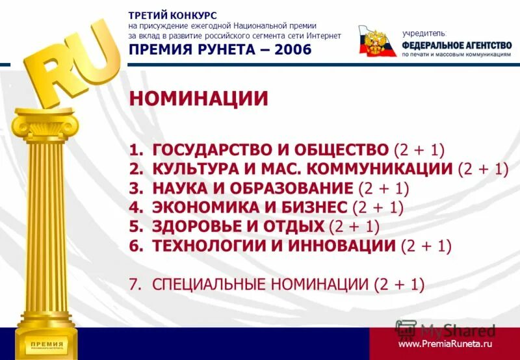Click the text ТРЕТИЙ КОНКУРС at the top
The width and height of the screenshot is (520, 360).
click(172, 15)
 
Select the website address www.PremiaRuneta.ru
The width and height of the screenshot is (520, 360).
click(445, 344)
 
